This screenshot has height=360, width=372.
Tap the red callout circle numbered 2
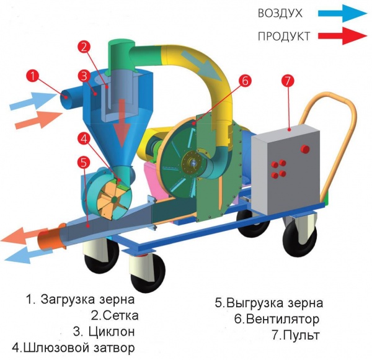point(85,47)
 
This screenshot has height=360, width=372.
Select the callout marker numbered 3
point(82,76)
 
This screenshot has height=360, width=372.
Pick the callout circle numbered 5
point(82,163)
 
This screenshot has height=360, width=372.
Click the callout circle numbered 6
point(245,80)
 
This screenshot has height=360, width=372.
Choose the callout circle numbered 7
point(286,81)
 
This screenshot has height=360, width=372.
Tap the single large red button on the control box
point(304,149)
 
